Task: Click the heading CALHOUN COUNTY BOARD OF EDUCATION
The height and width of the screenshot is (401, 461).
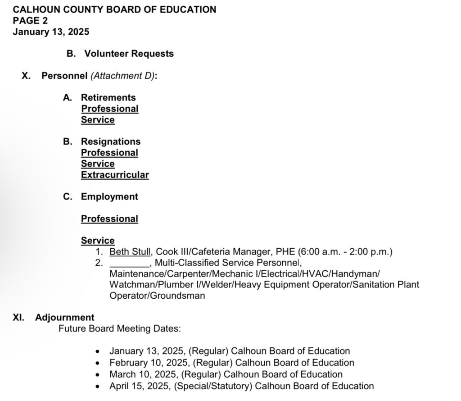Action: [x=114, y=9]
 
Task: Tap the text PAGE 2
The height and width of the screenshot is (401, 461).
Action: [x=30, y=20]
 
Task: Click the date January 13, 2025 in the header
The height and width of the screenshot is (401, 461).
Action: [x=51, y=32]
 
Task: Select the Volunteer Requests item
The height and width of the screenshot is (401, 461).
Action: [x=129, y=54]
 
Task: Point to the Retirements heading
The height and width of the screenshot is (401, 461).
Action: [x=108, y=97]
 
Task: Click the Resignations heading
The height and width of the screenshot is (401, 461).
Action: [x=111, y=141]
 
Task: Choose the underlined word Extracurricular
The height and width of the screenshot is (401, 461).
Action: [x=115, y=175]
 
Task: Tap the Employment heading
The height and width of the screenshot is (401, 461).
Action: [x=109, y=196]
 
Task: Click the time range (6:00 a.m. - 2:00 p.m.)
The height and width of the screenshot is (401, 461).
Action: [x=345, y=252]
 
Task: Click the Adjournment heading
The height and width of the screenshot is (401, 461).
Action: [x=65, y=317]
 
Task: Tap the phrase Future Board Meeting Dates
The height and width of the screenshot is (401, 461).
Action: [x=119, y=328]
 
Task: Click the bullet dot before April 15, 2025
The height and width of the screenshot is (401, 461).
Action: [x=98, y=386]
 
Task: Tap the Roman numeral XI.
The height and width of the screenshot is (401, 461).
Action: [x=18, y=317]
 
